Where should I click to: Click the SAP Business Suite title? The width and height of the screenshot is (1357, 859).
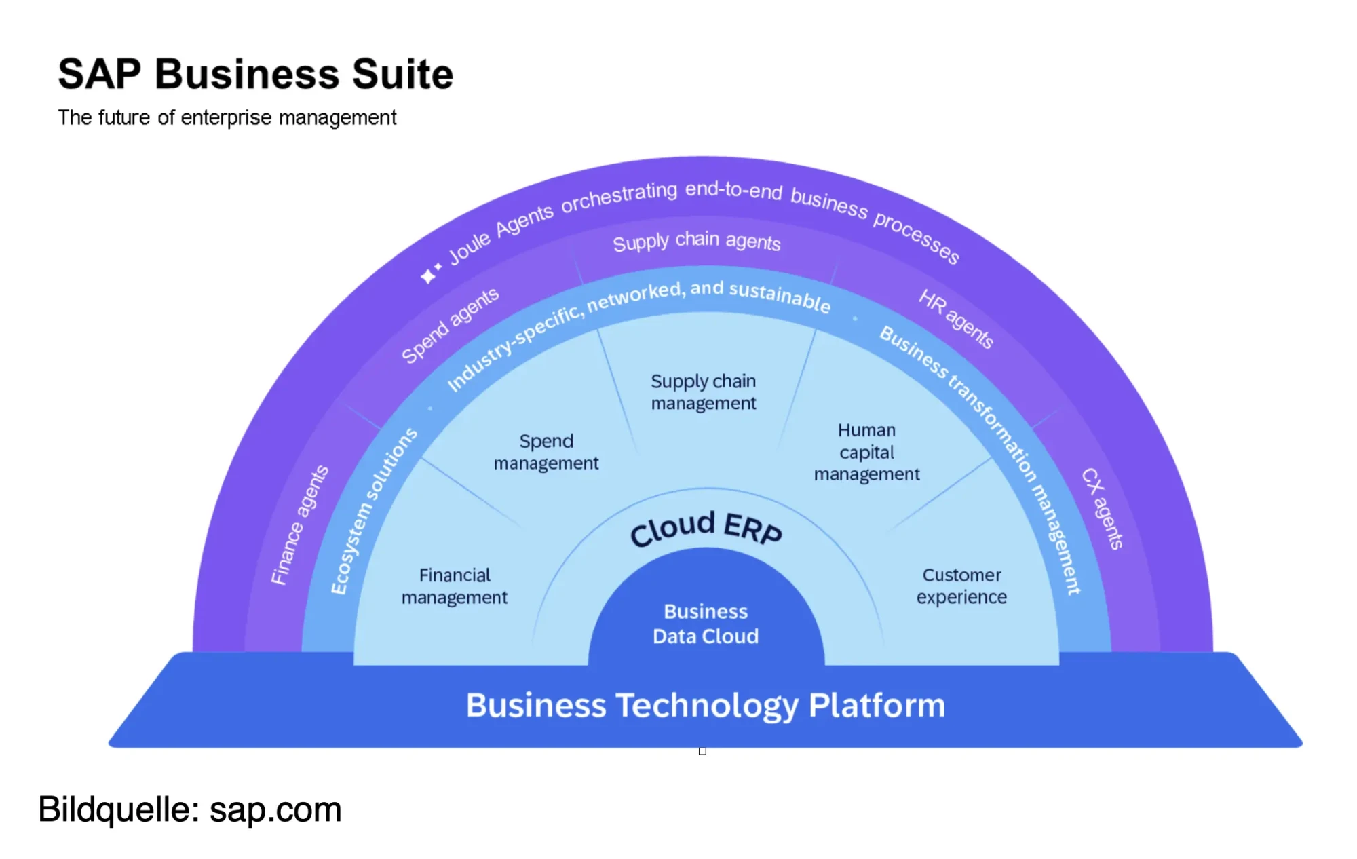point(255,74)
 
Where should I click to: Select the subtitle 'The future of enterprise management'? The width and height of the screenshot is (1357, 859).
point(227,117)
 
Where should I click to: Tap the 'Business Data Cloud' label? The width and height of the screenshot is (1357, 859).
point(706,624)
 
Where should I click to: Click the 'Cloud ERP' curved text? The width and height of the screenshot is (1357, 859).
point(706,528)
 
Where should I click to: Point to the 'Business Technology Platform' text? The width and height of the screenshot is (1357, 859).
point(706,705)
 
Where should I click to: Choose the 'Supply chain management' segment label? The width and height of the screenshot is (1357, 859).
point(704,392)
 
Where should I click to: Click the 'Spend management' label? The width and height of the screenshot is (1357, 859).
point(546,452)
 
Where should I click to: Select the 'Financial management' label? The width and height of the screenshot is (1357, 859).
point(455,586)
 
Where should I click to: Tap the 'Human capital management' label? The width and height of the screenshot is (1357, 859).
point(866,452)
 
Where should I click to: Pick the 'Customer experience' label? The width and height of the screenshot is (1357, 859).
point(961,586)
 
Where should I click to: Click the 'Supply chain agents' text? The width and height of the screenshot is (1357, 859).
point(697,241)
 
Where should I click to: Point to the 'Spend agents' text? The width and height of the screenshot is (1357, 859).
point(450,326)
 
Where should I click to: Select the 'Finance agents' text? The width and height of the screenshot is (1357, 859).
point(299,525)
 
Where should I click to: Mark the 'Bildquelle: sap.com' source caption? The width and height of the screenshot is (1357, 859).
point(190,809)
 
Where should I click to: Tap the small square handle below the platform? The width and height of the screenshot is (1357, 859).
point(702,751)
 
